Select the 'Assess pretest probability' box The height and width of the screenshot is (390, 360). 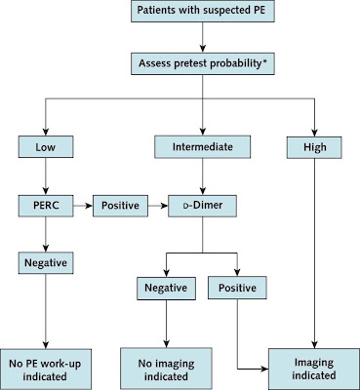[201, 63]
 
